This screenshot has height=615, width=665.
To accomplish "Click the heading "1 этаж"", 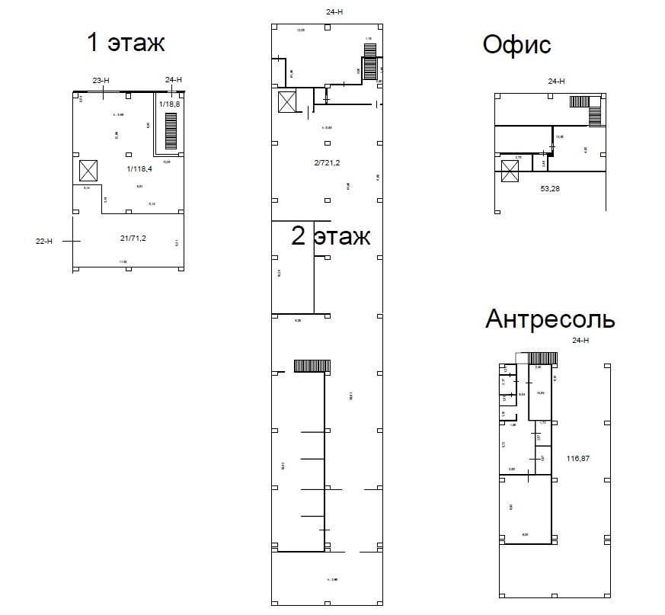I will pyautogui.click(x=126, y=42).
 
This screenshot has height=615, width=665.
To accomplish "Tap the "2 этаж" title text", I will pyautogui.click(x=331, y=236).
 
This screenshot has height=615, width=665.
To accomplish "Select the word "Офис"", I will pyautogui.click(x=516, y=45).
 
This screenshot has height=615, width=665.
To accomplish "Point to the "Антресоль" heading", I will pyautogui.click(x=550, y=319).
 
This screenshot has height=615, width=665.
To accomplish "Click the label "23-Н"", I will pyautogui.click(x=101, y=80).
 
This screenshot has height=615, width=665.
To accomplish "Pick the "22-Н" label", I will pyautogui.click(x=45, y=241).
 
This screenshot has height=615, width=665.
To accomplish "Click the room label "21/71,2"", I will pyautogui.click(x=133, y=239).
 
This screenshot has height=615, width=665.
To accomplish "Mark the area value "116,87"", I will pyautogui.click(x=578, y=459).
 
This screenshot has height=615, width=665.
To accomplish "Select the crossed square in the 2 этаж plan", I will pyautogui.click(x=287, y=102).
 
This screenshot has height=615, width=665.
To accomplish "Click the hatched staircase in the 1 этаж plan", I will pyautogui.click(x=171, y=130).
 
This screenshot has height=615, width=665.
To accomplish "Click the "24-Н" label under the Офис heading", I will pyautogui.click(x=556, y=81).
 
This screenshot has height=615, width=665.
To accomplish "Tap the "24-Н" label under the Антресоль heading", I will pyautogui.click(x=580, y=341).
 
